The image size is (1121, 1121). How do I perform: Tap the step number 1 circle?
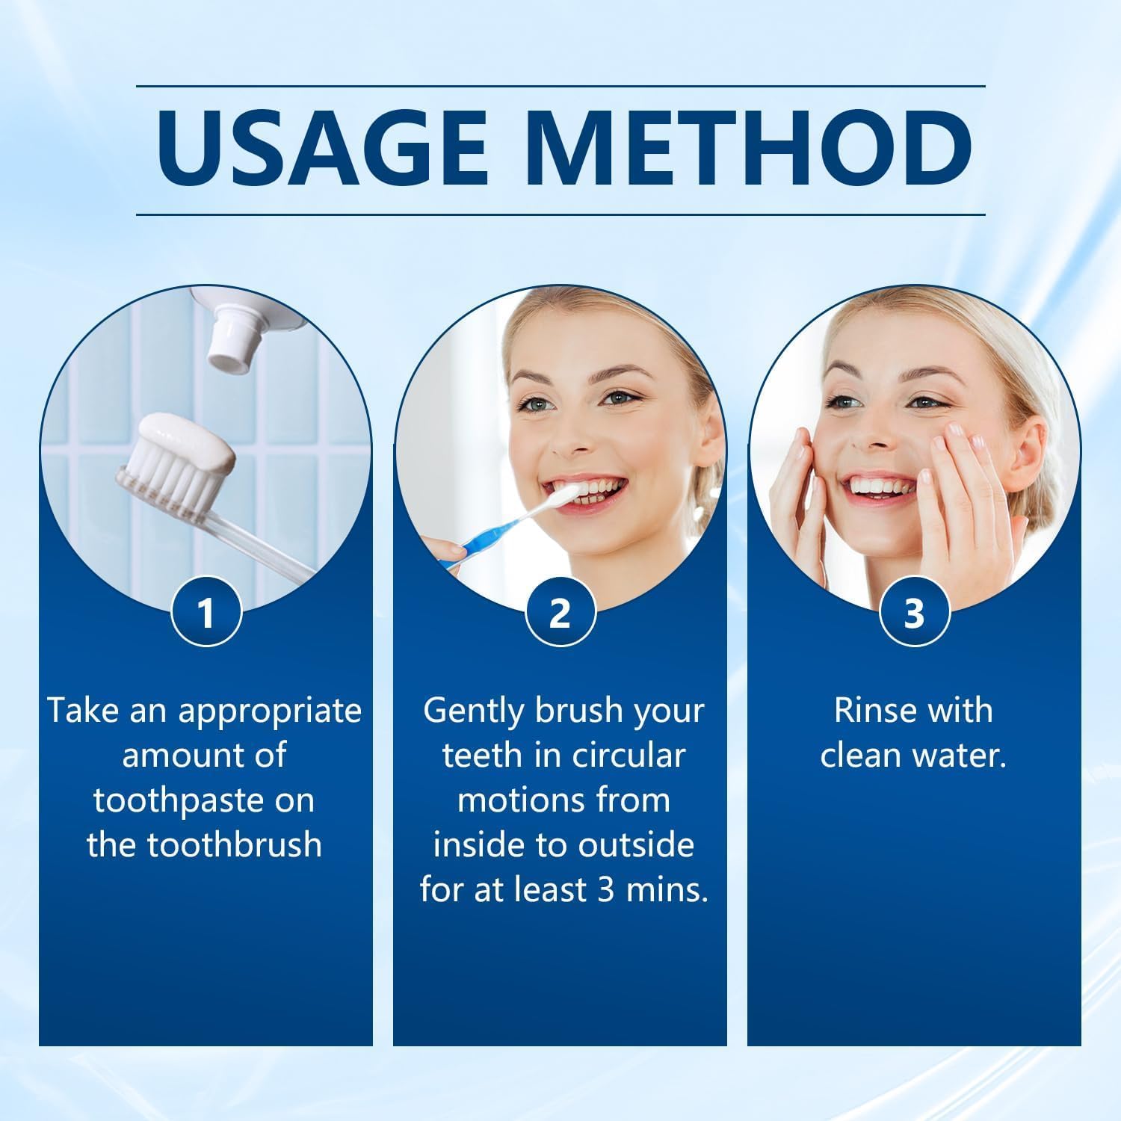pyautogui.click(x=206, y=612)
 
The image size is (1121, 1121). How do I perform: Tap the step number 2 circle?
pyautogui.click(x=560, y=612)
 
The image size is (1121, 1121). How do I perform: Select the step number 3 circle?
pyautogui.click(x=914, y=612)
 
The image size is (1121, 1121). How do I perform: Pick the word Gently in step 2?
pyautogui.click(x=474, y=710)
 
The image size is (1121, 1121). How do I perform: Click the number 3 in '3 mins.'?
pyautogui.click(x=606, y=890)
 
